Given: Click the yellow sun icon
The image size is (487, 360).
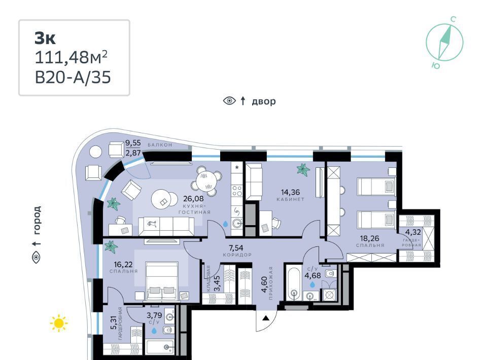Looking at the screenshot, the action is pyautogui.click(x=59, y=323).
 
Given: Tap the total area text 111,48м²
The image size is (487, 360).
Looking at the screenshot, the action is pyautogui.click(x=71, y=57).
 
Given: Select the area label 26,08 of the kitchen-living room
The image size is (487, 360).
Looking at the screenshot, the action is pyautogui.click(x=193, y=198).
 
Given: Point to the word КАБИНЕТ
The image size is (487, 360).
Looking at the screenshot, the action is pyautogui.click(x=290, y=200).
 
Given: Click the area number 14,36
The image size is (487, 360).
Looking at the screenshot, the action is pyautogui.click(x=290, y=192).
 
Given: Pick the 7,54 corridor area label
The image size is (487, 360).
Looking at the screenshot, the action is pyautogui.click(x=236, y=247).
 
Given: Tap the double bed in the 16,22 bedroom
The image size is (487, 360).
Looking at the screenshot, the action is pyautogui.click(x=162, y=281).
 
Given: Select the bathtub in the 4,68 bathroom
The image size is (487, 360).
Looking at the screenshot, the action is pyautogui.click(x=293, y=282).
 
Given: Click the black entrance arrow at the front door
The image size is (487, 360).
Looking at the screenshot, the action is pyautogui.click(x=265, y=318).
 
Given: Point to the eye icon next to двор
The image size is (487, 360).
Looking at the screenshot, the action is pyautogui.click(x=229, y=101).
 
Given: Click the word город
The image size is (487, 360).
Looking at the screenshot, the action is pyautogui.click(x=37, y=220).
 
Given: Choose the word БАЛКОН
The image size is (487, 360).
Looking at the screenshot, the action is pyautogui.click(x=160, y=145).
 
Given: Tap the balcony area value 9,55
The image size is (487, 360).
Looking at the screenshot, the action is pyautogui.click(x=133, y=143).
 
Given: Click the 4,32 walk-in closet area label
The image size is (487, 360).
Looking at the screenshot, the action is pyautogui.click(x=413, y=232).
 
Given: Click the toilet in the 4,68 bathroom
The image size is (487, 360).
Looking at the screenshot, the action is pyautogui.click(x=330, y=274).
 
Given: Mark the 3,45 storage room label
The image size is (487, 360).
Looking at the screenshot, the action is pyautogui.click(x=218, y=283).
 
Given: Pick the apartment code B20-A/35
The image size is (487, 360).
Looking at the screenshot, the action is pyautogui.click(x=73, y=77).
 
